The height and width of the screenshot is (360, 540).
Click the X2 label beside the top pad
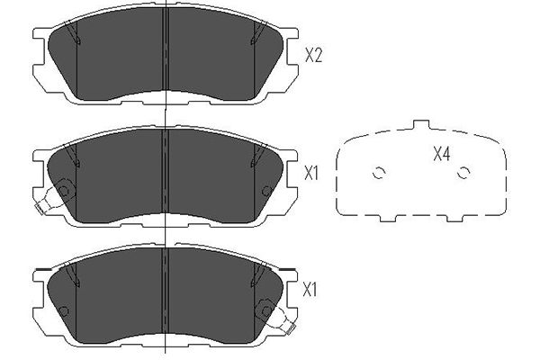(313, 55)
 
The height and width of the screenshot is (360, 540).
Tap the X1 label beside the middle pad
(311, 174)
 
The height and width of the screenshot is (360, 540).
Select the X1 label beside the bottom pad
(310, 290)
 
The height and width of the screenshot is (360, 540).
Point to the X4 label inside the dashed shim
(442, 154)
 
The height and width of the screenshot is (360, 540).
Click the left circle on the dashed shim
(379, 173)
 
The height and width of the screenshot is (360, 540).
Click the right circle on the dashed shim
(463, 173)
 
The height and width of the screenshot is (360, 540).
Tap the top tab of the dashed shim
(421, 125)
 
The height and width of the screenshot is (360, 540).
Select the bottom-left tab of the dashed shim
(388, 218)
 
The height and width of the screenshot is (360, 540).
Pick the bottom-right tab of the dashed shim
(455, 218)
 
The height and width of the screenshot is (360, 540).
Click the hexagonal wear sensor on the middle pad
(64, 190)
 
